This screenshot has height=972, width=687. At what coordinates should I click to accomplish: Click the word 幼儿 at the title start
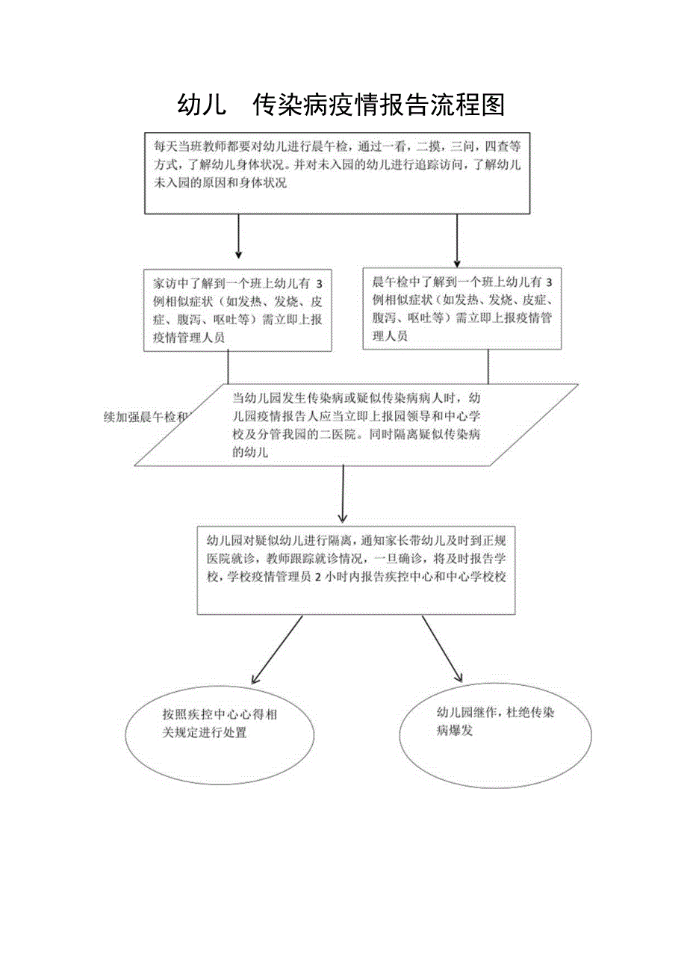tap(202, 105)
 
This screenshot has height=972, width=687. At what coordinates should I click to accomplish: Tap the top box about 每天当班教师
tap(338, 174)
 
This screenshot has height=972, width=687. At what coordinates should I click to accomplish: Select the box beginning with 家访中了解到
tap(237, 309)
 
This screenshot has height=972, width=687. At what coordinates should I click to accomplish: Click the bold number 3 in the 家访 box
tap(320, 284)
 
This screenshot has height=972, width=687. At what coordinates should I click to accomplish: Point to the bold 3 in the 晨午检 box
tap(549, 282)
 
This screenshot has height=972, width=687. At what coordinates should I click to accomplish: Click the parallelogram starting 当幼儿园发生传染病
tap(357, 424)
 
